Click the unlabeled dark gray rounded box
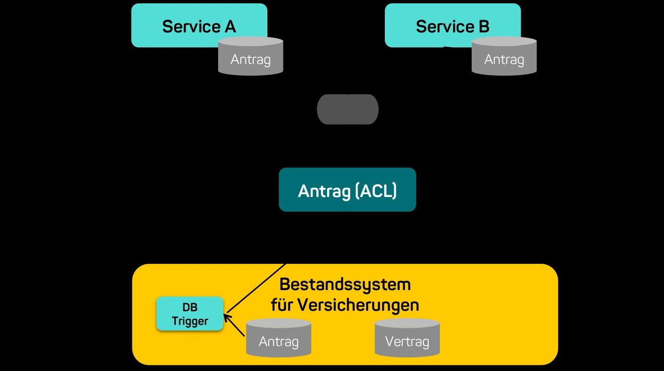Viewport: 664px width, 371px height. click(348, 109)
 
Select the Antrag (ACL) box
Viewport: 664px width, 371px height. click(347, 190)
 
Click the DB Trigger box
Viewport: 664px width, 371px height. click(190, 314)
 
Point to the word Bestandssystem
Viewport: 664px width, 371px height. click(345, 284)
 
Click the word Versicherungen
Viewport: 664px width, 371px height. click(358, 305)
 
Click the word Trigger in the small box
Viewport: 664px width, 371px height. click(190, 321)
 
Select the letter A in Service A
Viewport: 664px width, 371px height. click(230, 26)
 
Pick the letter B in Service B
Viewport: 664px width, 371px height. click(484, 26)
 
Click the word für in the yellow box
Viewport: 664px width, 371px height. click(281, 305)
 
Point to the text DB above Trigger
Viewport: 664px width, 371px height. click(190, 308)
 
